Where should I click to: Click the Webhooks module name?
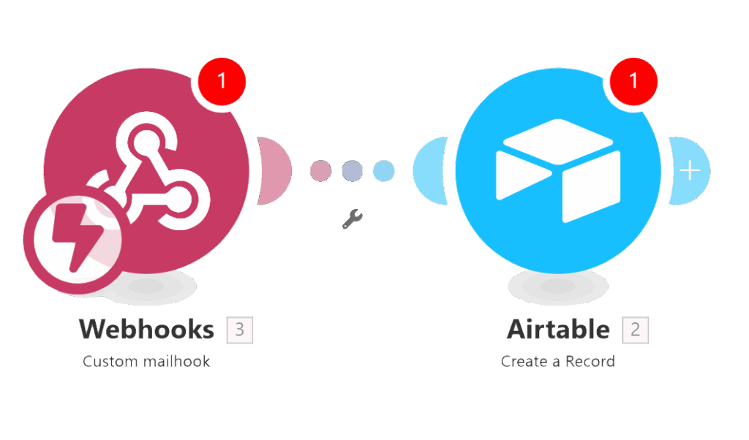coord(146,330)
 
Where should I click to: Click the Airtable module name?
coord(558,330)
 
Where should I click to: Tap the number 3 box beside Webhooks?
coord(240,330)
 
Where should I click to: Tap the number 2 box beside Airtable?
coord(635,330)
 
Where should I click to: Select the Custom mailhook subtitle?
coord(146,361)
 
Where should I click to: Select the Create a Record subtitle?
coord(558,361)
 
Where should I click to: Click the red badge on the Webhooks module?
coord(222,80)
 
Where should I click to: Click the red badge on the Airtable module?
coord(633,80)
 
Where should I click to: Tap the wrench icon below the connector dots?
coord(352,219)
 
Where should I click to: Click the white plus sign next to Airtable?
coord(690,170)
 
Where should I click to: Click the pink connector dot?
coord(320,171)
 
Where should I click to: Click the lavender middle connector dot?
coord(352,171)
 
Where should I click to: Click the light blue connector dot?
coord(383,171)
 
